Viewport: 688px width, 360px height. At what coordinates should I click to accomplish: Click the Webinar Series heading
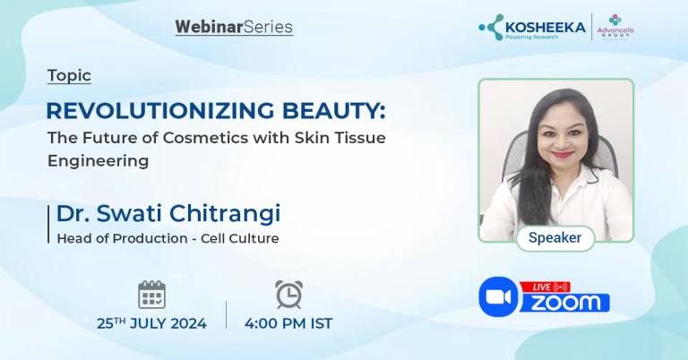tap(234, 27)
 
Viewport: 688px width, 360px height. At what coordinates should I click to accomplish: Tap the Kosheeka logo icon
tap(492, 26)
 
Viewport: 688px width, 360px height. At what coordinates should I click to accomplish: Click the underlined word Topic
tap(69, 76)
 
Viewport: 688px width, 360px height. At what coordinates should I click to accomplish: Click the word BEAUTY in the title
tap(322, 110)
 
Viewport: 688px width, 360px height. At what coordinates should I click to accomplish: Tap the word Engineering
tap(98, 161)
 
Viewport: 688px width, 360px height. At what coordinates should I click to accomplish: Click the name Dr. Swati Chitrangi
tap(168, 213)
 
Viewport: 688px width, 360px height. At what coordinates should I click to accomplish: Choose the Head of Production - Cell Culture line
tap(168, 238)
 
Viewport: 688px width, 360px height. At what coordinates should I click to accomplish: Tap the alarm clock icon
tap(288, 294)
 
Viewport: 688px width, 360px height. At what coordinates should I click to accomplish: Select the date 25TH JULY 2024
tap(151, 323)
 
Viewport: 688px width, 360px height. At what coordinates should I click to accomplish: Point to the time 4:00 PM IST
tap(288, 323)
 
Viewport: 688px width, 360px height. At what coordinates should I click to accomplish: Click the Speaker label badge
tap(555, 238)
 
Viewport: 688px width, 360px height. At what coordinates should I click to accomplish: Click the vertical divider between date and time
tap(226, 313)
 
